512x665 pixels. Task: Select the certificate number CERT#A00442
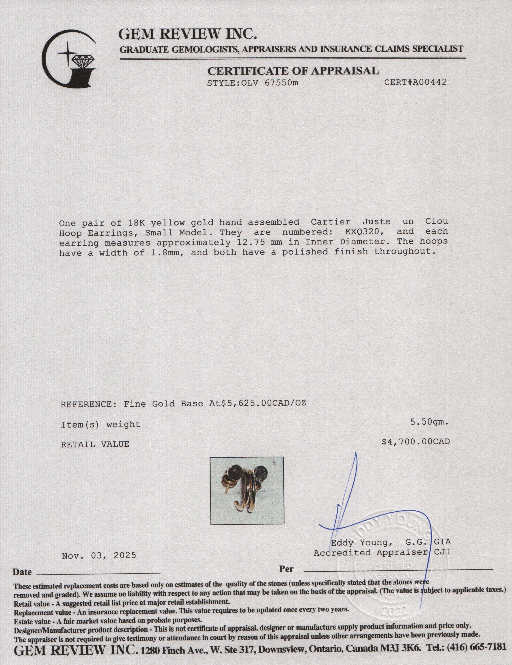tap(415, 82)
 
